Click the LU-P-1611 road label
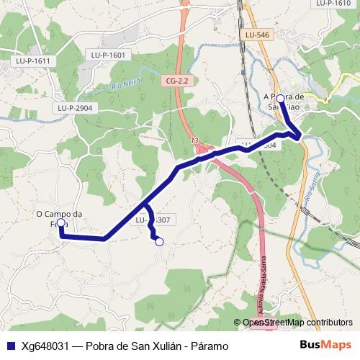click(x=32, y=61)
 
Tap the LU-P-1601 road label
click(x=108, y=55)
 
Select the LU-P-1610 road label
click(x=332, y=4)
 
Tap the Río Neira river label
click(x=125, y=86)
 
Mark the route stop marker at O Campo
click(x=61, y=224)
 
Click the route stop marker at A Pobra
click(x=280, y=99)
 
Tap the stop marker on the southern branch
click(x=160, y=242)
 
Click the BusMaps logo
click(x=325, y=346)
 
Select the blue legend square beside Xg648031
click(x=10, y=346)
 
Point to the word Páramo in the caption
click(x=208, y=346)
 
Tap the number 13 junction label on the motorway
click(x=194, y=140)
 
